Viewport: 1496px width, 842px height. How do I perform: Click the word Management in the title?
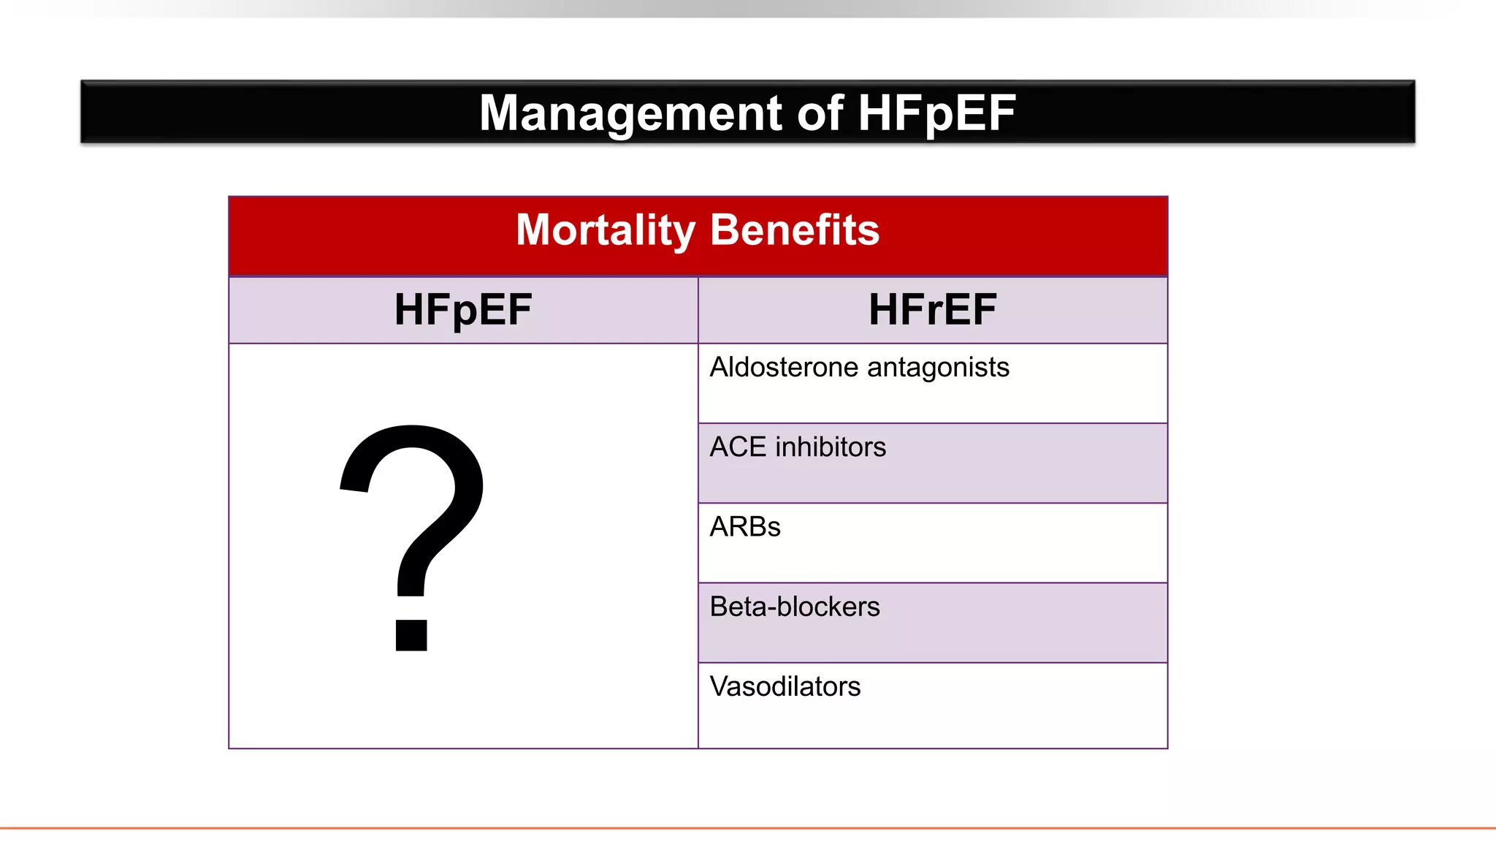pyautogui.click(x=631, y=113)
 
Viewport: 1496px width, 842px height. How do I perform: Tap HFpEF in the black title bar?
pyautogui.click(x=936, y=113)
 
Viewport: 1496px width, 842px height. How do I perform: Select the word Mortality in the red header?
pyautogui.click(x=606, y=230)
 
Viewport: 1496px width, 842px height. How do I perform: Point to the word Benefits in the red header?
pyautogui.click(x=795, y=230)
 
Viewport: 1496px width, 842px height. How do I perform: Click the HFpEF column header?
pyautogui.click(x=463, y=309)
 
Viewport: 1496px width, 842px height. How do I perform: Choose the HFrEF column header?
pyautogui.click(x=932, y=309)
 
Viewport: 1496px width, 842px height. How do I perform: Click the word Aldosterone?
pyautogui.click(x=783, y=367)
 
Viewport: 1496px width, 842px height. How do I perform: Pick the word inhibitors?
pyautogui.click(x=831, y=447)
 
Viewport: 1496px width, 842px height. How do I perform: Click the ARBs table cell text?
pyautogui.click(x=745, y=527)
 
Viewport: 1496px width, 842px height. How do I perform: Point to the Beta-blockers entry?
pyautogui.click(x=795, y=607)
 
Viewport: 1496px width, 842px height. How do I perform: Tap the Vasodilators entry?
pyautogui.click(x=785, y=687)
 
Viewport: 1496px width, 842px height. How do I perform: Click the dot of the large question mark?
pyautogui.click(x=411, y=634)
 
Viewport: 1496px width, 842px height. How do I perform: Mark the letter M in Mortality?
pyautogui.click(x=534, y=230)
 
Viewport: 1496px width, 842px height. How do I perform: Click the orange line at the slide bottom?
pyautogui.click(x=748, y=828)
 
